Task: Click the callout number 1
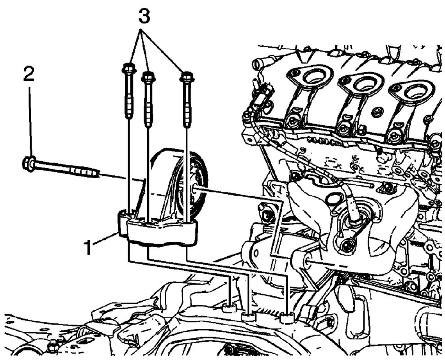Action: [x=88, y=247]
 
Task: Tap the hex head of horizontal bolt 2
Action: [x=28, y=163]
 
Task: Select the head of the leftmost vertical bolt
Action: [x=129, y=68]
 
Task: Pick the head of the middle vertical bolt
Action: [x=148, y=77]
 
